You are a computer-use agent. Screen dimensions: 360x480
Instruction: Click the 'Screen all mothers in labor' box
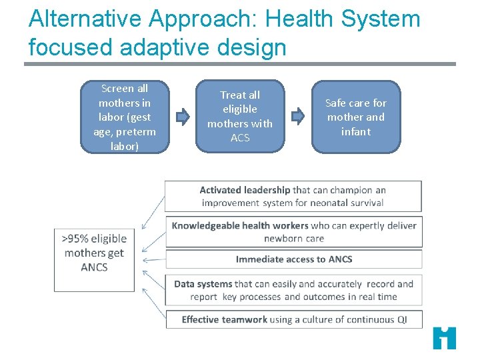pos(124,117)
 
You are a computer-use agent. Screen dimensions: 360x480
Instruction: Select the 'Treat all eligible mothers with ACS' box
pos(240,117)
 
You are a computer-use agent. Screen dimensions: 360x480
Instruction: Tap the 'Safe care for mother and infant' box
pos(356,117)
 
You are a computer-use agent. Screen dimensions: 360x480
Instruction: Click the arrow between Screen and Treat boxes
pos(183,117)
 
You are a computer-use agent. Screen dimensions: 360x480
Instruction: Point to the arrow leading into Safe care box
pos(298,116)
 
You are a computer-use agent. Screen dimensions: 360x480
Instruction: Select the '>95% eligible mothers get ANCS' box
pos(94,260)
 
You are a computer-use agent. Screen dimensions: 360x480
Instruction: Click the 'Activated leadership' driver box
pos(293,196)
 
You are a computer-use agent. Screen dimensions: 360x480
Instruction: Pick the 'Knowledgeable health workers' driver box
pos(293,231)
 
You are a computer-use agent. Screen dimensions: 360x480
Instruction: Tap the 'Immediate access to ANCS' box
pos(293,259)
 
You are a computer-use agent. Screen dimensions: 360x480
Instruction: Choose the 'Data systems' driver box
pos(293,290)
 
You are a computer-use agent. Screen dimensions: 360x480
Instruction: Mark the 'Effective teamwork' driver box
pos(293,319)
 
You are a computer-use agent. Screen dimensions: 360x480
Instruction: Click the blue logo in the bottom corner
pos(444,338)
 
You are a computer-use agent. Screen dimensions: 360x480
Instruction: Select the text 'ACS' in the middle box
pos(240,138)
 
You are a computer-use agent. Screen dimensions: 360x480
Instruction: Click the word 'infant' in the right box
pos(356,131)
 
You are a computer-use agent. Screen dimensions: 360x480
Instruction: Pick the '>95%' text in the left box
pos(75,239)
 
